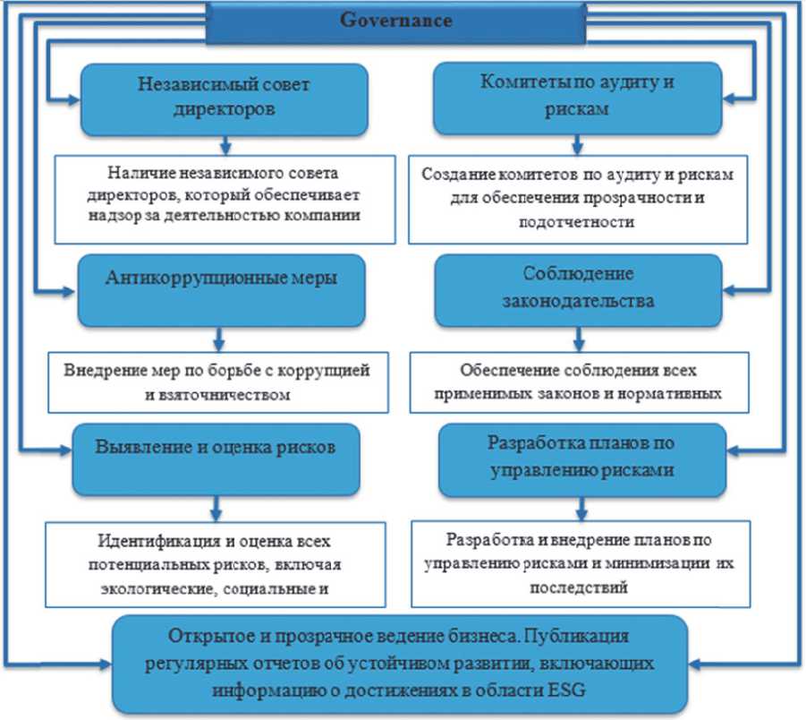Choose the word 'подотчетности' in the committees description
[x=575, y=223]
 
